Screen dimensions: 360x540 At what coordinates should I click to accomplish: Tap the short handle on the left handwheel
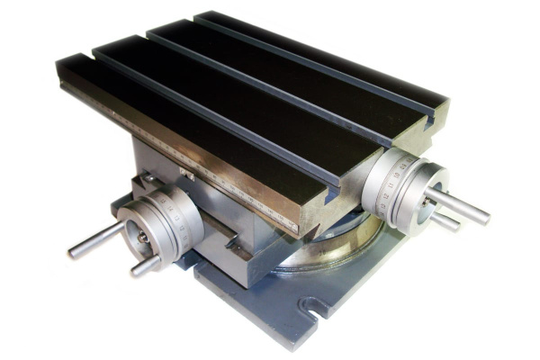pyautogui.click(x=144, y=265)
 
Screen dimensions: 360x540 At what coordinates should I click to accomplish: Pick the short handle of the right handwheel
pyautogui.click(x=445, y=220)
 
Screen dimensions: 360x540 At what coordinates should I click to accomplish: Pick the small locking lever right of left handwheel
pyautogui.click(x=225, y=238)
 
